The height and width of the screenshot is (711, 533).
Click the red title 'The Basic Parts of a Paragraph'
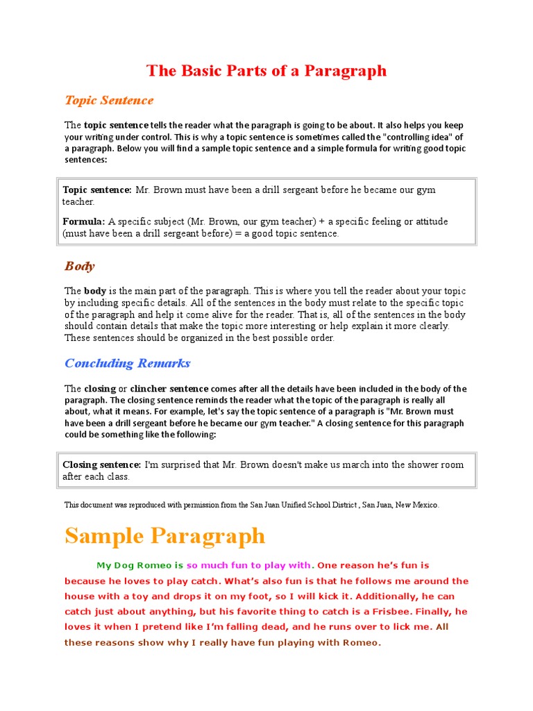[x=266, y=71]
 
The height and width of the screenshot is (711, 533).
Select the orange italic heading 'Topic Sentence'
[x=109, y=101]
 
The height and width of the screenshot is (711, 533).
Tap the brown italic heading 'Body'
[x=79, y=267]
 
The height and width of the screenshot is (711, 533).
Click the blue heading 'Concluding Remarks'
[x=127, y=363]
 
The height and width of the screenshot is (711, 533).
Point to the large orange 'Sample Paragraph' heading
[x=164, y=536]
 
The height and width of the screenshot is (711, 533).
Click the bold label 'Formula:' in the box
[x=84, y=221]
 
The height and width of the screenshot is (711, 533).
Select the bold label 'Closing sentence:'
[x=102, y=465]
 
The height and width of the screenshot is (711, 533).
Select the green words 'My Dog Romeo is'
[x=139, y=565]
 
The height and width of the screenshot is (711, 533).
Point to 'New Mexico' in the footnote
[x=416, y=505]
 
